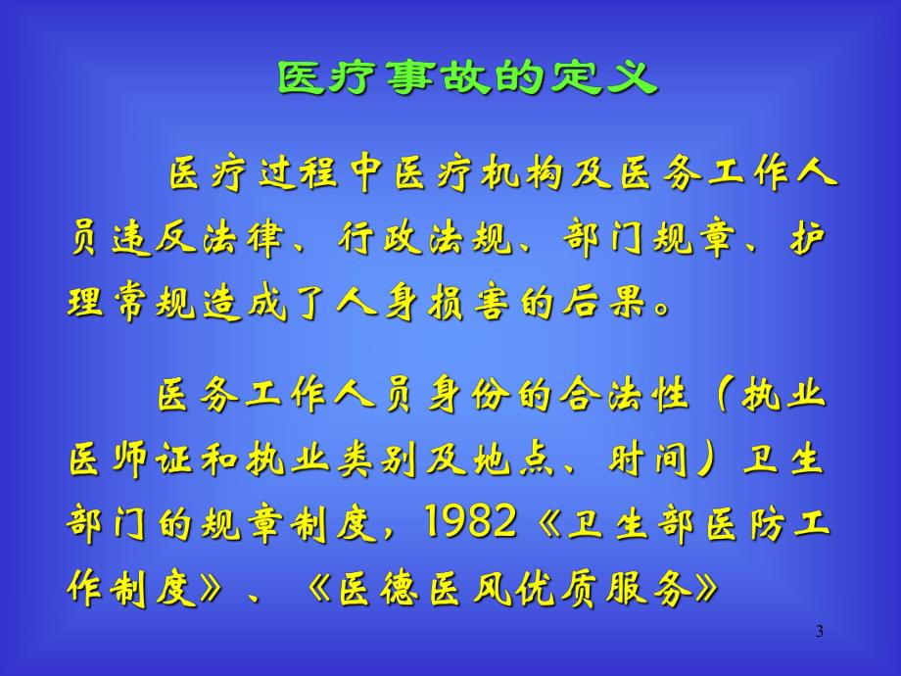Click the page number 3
820,632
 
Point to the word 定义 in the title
614,77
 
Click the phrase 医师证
137,460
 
